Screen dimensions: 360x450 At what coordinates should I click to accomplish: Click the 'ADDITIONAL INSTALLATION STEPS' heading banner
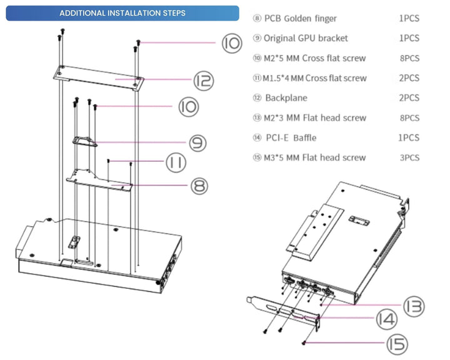(x=122, y=13)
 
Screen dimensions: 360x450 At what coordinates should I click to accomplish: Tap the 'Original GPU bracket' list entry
(x=306, y=38)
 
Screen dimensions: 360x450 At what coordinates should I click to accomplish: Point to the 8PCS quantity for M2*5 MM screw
(x=409, y=58)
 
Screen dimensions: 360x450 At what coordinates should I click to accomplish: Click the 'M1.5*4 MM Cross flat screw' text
(x=314, y=78)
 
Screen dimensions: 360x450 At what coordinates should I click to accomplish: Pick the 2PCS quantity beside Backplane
(x=409, y=98)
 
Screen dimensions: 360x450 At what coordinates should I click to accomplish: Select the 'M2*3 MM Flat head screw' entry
(x=314, y=117)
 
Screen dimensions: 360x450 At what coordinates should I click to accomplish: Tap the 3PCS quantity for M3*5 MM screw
(x=409, y=157)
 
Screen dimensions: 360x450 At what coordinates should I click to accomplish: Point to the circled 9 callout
(x=198, y=142)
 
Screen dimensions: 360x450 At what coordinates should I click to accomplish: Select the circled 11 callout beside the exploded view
(x=177, y=162)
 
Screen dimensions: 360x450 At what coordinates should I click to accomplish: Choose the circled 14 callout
(x=386, y=320)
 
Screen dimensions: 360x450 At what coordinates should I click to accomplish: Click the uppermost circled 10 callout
(x=231, y=43)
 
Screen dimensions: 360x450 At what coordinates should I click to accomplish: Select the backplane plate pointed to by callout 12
(x=99, y=76)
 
